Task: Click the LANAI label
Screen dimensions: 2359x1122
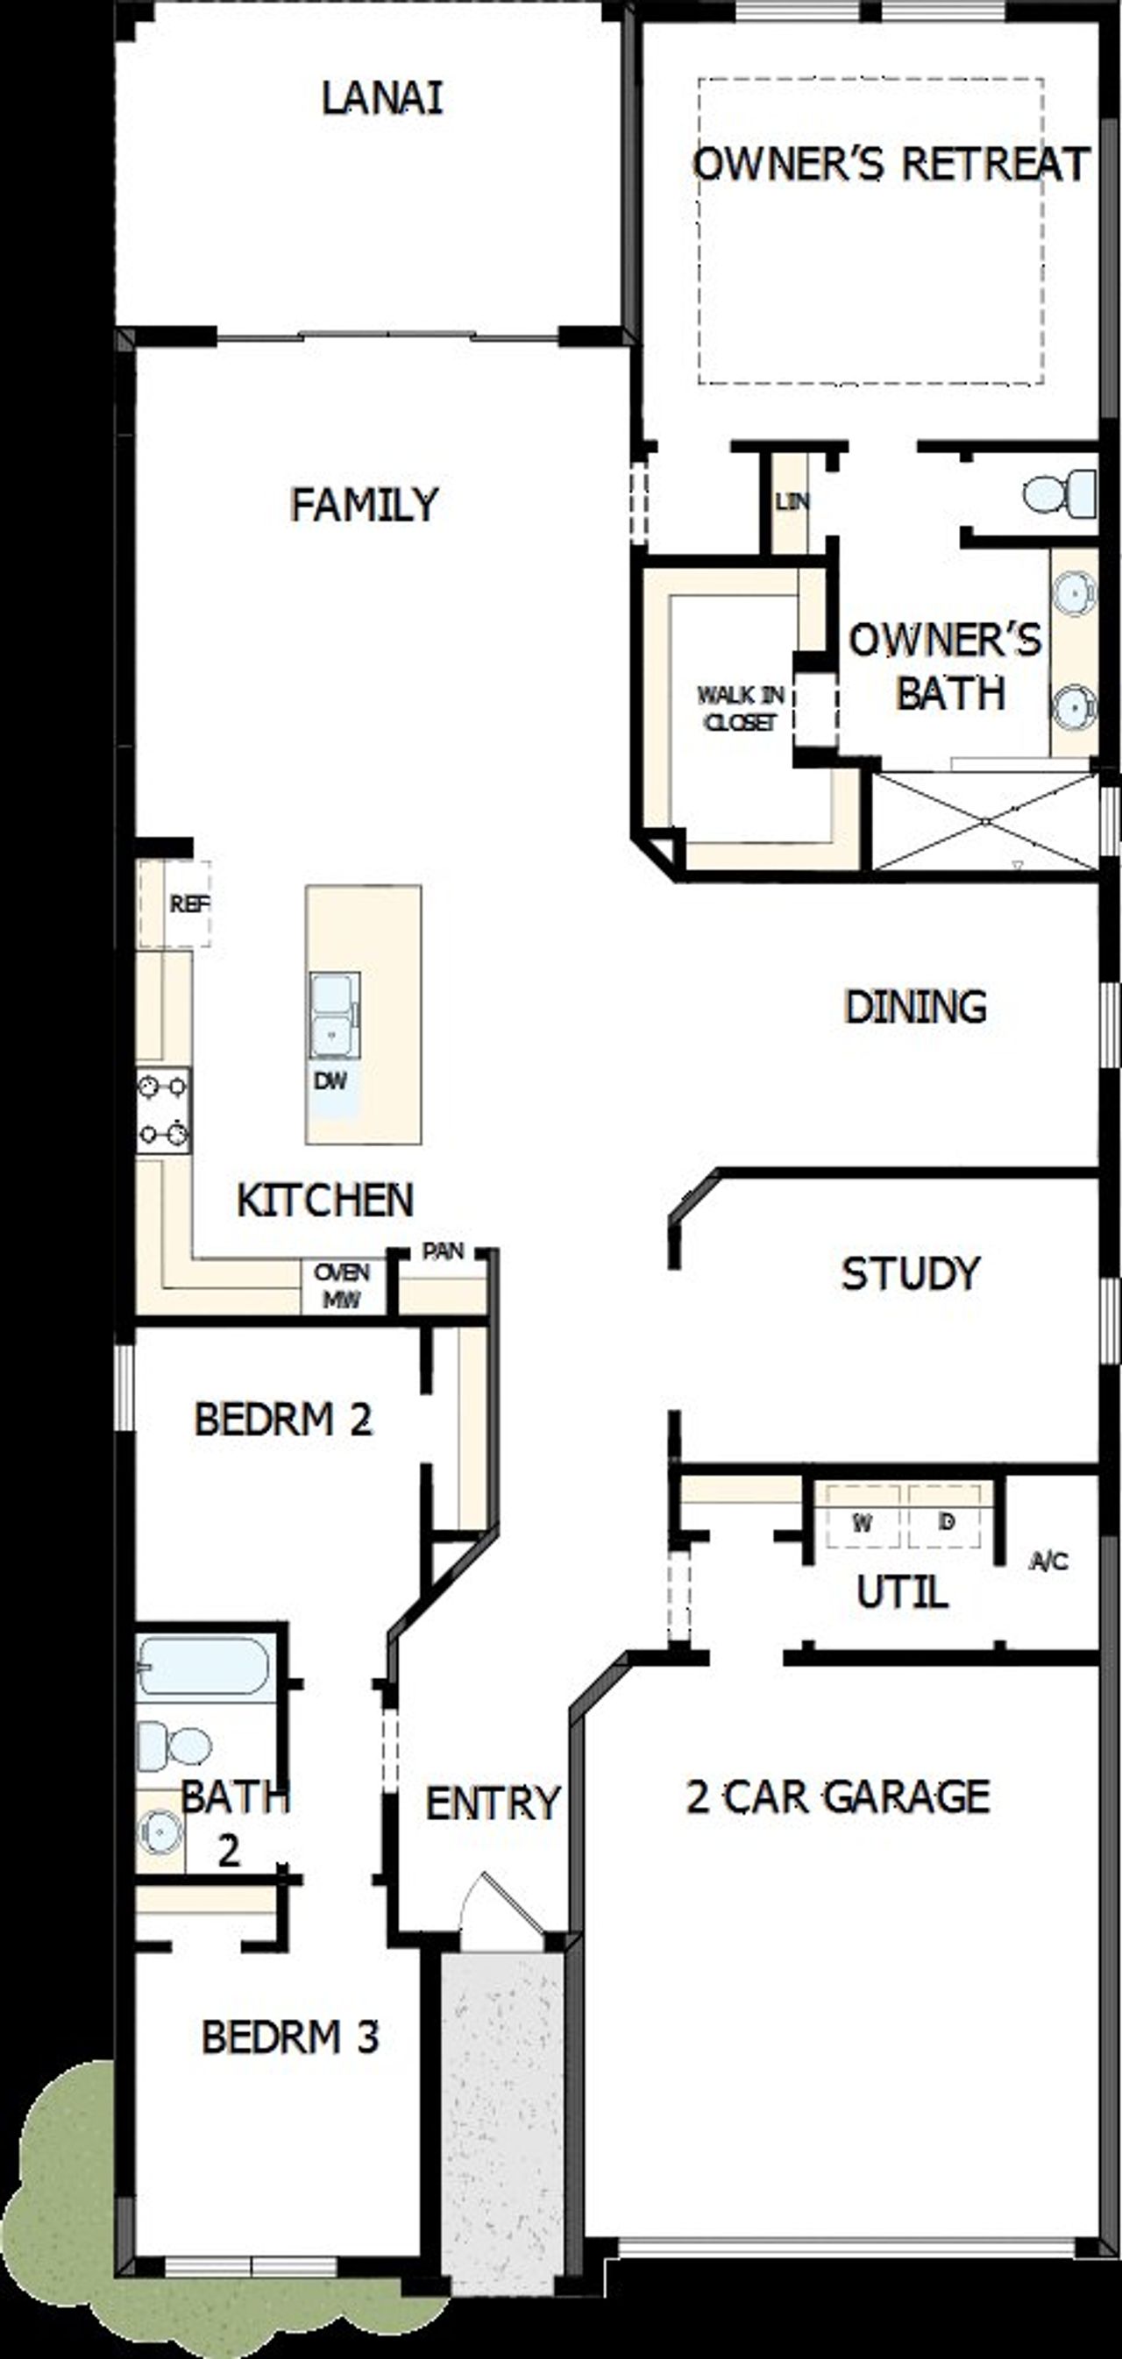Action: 382,99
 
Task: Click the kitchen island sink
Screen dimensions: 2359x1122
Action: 333,1015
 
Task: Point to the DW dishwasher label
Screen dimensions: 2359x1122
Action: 330,1080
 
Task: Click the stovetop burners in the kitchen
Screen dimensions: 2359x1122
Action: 163,1110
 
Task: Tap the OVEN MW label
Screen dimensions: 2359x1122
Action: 342,1285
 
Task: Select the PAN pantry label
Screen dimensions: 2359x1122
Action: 443,1251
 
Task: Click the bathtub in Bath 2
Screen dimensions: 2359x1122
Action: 204,1666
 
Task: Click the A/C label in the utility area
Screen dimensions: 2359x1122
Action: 1048,1561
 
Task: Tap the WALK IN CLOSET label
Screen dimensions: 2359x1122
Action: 740,708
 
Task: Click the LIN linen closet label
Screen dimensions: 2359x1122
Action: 792,502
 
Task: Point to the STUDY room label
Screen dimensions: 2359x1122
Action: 911,1273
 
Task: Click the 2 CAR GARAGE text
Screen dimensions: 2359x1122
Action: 838,1796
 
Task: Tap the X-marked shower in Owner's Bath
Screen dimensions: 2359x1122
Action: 984,821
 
